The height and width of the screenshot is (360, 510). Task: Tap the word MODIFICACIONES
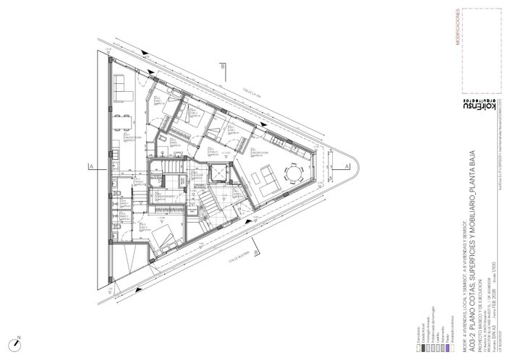tap(457, 28)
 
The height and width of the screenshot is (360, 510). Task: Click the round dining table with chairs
tap(295, 173)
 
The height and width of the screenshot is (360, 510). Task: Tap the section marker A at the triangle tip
tap(348, 167)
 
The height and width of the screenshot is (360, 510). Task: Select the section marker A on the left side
tap(91, 167)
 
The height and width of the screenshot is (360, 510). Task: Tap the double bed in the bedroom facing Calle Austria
tap(163, 233)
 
